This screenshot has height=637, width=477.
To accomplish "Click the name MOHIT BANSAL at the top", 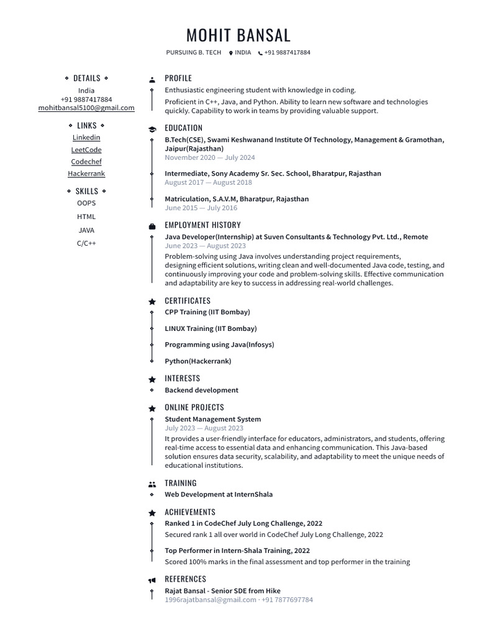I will tap(238, 35).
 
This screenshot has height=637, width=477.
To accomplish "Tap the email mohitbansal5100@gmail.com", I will tap(86, 108).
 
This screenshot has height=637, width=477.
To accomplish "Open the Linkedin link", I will tap(86, 137).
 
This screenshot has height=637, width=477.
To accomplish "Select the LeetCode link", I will tap(86, 150).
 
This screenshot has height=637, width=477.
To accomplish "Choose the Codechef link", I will tap(86, 162).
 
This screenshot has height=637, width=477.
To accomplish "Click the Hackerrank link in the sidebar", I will tap(86, 174).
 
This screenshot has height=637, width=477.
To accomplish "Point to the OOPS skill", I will tap(86, 203).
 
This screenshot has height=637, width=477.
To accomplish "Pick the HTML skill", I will tap(86, 216).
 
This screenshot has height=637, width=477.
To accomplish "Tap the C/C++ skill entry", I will tap(86, 243).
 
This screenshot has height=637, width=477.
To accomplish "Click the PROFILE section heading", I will tap(178, 78).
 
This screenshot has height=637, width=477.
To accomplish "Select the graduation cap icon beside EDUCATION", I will tap(152, 129).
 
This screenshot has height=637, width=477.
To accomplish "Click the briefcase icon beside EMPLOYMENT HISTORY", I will tap(152, 226).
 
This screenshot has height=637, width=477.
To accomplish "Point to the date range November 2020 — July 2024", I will tap(210, 158).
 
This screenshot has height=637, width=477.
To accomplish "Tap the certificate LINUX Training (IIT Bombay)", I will tap(211, 328).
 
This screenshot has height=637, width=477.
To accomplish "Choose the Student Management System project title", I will tap(212, 419).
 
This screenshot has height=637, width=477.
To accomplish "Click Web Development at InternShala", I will tap(219, 495).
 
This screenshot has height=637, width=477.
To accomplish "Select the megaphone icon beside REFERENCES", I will tap(152, 580).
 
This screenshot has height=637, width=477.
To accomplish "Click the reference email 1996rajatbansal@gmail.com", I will tap(211, 600).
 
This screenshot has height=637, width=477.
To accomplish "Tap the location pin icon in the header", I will tap(231, 53).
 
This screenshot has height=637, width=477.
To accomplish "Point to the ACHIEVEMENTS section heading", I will tap(190, 513).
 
